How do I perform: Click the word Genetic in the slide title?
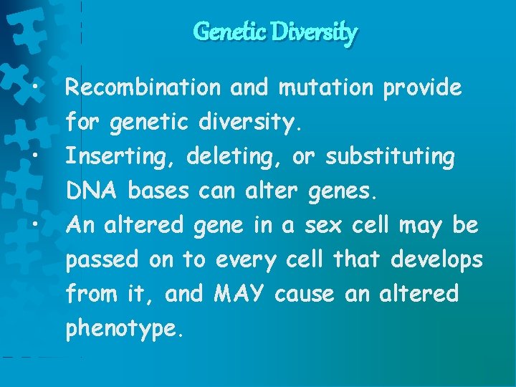pyautogui.click(x=220, y=32)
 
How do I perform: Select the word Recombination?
pyautogui.click(x=143, y=88)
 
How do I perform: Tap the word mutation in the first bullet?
pyautogui.click(x=326, y=88)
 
